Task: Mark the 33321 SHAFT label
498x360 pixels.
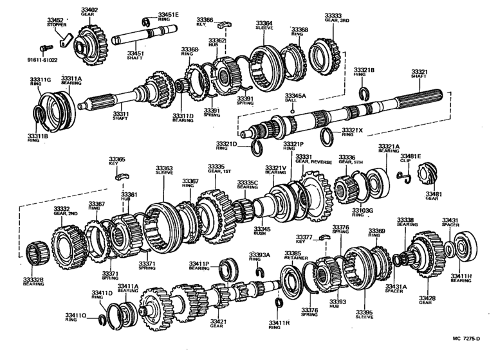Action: click(420, 73)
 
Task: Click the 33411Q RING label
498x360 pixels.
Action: click(75, 316)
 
